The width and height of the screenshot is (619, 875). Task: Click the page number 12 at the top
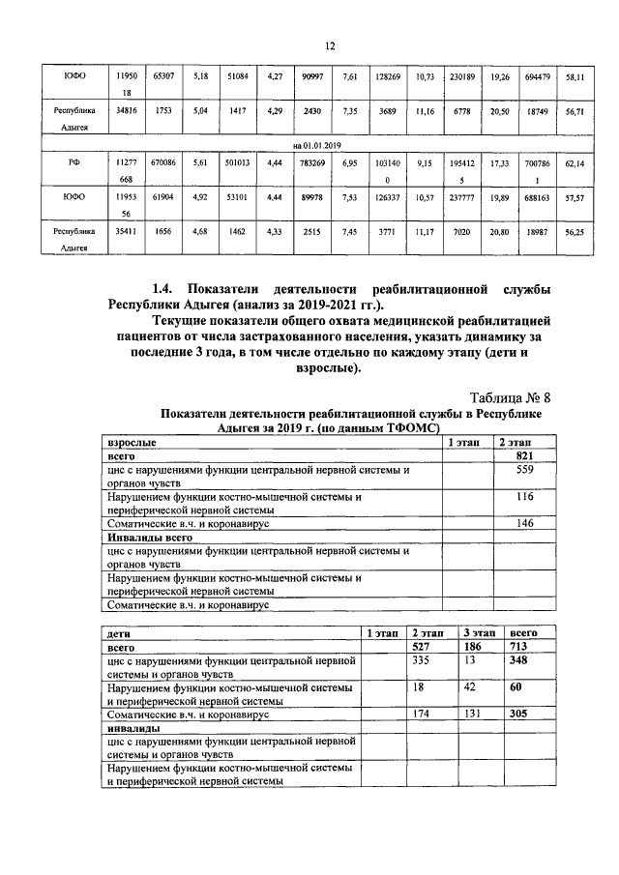point(329,45)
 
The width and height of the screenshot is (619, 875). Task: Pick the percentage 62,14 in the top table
point(575,164)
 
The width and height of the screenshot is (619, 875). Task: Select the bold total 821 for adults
point(525,455)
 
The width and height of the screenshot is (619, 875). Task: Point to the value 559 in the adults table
point(525,470)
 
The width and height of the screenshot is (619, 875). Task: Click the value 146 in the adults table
point(525,522)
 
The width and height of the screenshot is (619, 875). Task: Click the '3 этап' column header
point(478,631)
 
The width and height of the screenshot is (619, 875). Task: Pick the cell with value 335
point(420,659)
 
